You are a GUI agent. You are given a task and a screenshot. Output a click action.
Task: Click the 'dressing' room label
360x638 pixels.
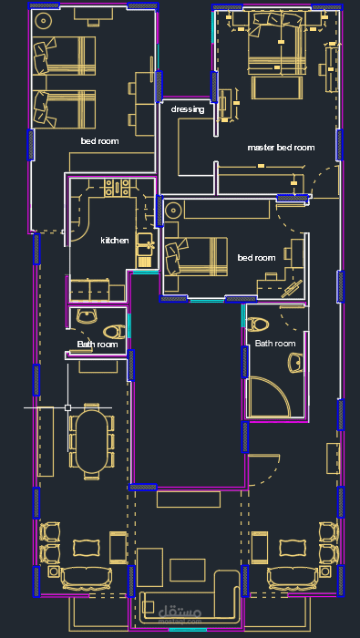coord(188,109)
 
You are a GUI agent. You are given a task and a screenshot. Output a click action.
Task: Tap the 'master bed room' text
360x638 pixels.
coord(281,148)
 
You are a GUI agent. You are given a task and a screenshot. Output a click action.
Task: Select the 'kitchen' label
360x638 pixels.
coord(115,241)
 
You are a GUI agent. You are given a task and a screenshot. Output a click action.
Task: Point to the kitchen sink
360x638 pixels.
coord(145,251)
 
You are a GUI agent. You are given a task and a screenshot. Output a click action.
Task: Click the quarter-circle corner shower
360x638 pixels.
coord(269,397)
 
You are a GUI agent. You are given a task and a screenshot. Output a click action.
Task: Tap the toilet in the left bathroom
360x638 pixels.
coord(115,331)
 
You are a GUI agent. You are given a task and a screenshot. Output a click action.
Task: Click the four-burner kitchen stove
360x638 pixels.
coord(118,188)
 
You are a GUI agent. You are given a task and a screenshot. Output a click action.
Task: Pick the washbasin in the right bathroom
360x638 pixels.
coord(295,363)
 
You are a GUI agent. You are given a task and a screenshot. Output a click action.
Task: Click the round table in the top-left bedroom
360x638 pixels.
coord(43,20)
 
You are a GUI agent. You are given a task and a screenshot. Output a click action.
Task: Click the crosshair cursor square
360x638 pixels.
coord(68,407)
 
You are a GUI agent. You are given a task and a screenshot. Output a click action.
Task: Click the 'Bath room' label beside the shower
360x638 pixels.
coord(275,344)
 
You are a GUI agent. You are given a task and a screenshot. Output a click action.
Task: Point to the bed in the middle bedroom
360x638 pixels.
coord(196,256)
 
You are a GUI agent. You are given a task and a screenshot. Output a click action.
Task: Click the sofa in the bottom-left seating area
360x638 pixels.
coord(87,578)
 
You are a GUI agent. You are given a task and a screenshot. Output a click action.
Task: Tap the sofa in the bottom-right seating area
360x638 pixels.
coord(292,578)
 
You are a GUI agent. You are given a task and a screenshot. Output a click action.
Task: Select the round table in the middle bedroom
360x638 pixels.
coord(174,211)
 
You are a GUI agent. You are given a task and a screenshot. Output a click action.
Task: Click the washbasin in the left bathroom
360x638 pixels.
coord(87,315)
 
